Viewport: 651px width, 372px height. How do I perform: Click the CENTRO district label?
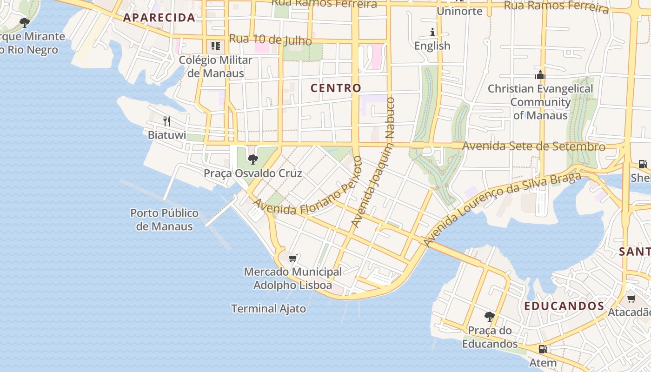click(x=336, y=88)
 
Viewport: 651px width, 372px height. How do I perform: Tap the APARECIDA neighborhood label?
click(x=159, y=18)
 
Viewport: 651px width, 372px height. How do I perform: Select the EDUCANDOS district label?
click(x=564, y=306)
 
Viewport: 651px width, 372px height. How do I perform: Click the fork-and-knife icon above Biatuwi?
click(x=167, y=121)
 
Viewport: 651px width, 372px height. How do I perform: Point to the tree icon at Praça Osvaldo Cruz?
click(x=253, y=159)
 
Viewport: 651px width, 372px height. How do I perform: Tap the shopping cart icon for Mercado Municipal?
click(x=293, y=258)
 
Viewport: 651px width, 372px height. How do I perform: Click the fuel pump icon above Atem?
click(x=543, y=349)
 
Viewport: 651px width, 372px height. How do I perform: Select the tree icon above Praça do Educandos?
click(x=489, y=317)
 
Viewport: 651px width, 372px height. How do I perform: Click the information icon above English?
click(x=432, y=32)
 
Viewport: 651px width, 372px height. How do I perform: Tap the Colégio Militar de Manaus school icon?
click(x=215, y=46)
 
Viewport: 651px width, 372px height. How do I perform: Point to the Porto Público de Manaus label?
click(x=164, y=220)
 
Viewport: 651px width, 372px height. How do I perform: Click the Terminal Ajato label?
click(x=268, y=308)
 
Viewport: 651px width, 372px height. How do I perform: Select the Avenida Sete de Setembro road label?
click(x=534, y=146)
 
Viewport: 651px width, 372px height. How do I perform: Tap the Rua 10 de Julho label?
click(x=270, y=40)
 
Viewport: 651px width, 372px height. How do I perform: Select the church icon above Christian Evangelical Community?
click(x=540, y=74)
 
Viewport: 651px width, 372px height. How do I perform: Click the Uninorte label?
click(x=460, y=11)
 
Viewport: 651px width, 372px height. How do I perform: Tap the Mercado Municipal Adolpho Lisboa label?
click(x=293, y=278)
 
